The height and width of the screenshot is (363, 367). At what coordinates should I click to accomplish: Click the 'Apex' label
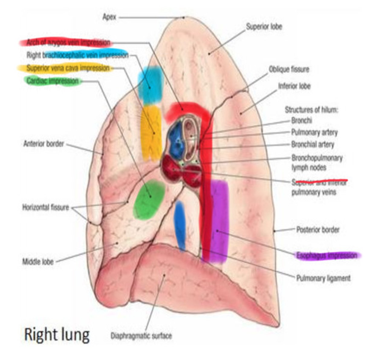pyautogui.click(x=109, y=17)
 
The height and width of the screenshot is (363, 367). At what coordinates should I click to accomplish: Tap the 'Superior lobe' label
pyautogui.click(x=264, y=27)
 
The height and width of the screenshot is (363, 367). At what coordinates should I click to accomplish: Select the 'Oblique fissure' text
pyautogui.click(x=289, y=69)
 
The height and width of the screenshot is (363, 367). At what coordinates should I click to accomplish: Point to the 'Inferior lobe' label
pyautogui.click(x=294, y=86)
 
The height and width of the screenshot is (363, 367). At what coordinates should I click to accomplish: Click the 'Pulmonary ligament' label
pyautogui.click(x=323, y=278)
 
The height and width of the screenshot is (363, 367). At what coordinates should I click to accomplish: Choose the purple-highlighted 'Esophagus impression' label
pyautogui.click(x=327, y=256)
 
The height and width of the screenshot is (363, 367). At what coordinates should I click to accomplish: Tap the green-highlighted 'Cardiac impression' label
pyautogui.click(x=53, y=81)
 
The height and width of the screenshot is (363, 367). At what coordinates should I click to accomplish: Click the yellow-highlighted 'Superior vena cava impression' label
pyautogui.click(x=68, y=68)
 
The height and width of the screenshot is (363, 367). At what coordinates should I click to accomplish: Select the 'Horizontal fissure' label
pyautogui.click(x=46, y=208)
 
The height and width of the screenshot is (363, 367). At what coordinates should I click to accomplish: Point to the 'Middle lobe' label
pyautogui.click(x=38, y=261)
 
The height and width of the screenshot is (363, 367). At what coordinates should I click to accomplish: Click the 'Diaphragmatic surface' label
pyautogui.click(x=141, y=335)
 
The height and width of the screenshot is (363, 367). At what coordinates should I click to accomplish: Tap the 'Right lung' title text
pyautogui.click(x=57, y=335)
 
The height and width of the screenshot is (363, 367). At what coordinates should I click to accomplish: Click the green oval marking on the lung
pyautogui.click(x=149, y=199)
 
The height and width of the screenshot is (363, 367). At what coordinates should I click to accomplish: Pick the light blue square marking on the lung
pyautogui.click(x=150, y=85)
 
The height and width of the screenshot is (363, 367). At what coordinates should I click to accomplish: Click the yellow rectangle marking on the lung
pyautogui.click(x=151, y=132)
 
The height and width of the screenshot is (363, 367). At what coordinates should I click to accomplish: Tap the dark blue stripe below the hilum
pyautogui.click(x=180, y=225)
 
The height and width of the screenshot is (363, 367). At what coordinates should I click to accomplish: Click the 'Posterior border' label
pyautogui.click(x=318, y=230)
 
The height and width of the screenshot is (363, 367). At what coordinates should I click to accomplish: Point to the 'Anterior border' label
pyautogui.click(x=44, y=143)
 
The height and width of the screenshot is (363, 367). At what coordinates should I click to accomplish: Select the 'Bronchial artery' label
pyautogui.click(x=313, y=145)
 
